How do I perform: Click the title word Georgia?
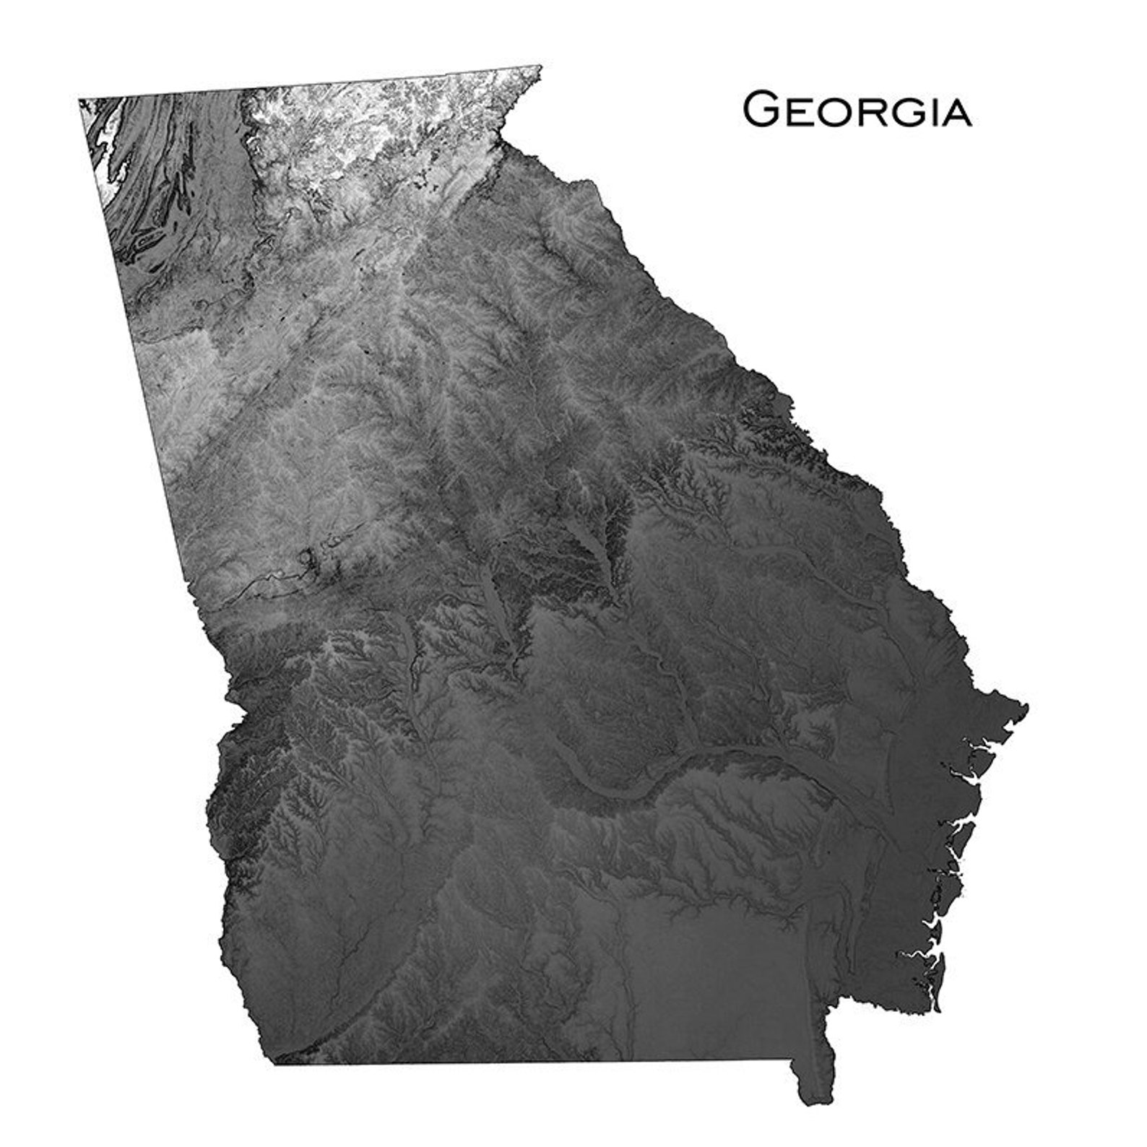coord(857,111)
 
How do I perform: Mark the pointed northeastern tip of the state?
coord(540,66)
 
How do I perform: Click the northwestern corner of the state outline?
coord(79,100)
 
